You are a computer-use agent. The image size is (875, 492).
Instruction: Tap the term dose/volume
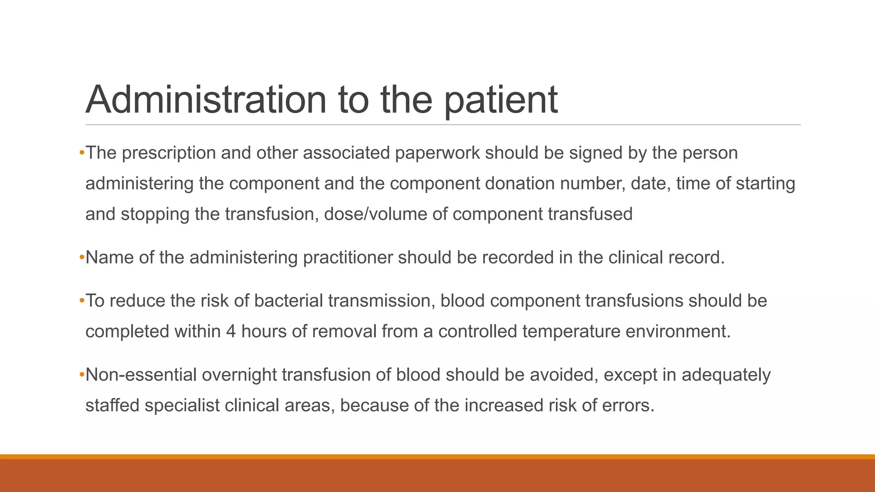pos(376,214)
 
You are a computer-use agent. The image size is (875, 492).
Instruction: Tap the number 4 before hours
pos(231,331)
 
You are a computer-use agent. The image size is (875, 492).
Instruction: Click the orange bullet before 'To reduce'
pos(82,301)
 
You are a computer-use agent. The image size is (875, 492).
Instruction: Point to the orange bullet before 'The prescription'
pos(82,153)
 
